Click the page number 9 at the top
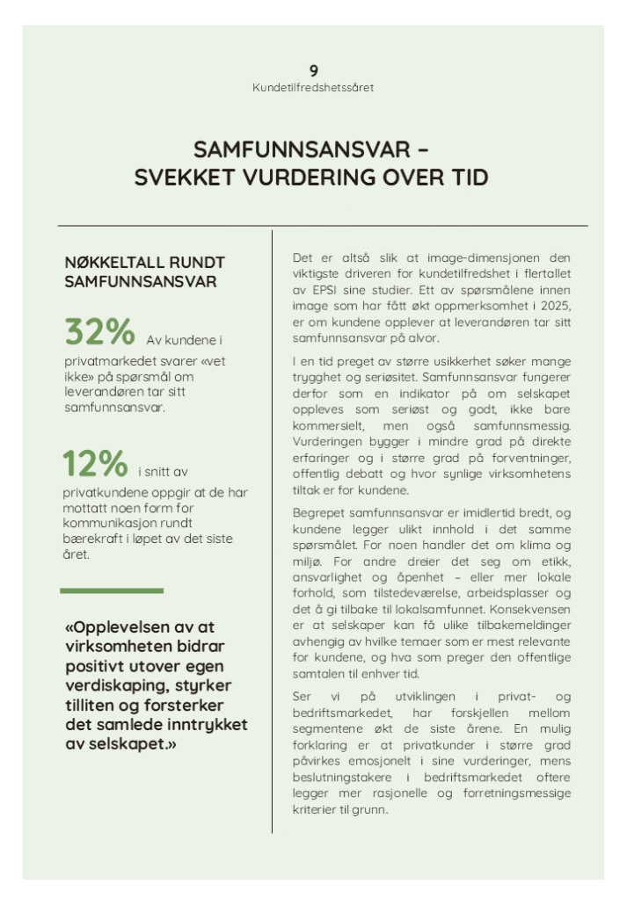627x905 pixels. pos(313,70)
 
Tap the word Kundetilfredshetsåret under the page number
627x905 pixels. pos(313,88)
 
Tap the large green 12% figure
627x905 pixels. pos(95,463)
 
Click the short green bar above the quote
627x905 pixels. pos(112,590)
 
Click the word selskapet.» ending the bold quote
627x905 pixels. pos(128,744)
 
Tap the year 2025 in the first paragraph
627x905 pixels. pos(554,306)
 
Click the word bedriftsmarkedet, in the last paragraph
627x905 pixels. pos(340,713)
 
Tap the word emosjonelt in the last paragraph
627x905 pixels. pos(398,761)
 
